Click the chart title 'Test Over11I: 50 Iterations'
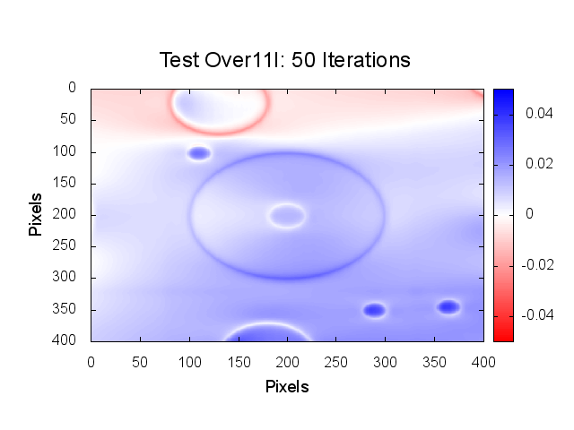284,60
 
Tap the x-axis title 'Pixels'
287,387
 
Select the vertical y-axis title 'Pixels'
35,213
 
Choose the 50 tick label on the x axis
139,361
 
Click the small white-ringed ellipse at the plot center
287,215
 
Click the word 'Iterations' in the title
370,60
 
